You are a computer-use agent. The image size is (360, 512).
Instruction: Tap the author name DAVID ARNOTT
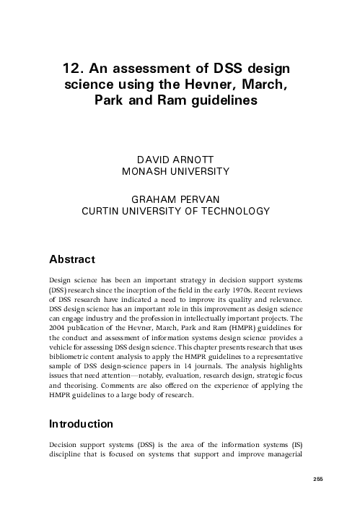(176, 159)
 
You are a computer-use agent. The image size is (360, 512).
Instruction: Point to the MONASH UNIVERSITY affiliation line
(176, 171)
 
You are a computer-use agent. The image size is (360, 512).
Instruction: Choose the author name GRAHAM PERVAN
(176, 199)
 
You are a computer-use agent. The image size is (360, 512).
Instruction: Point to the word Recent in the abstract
(279, 289)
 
